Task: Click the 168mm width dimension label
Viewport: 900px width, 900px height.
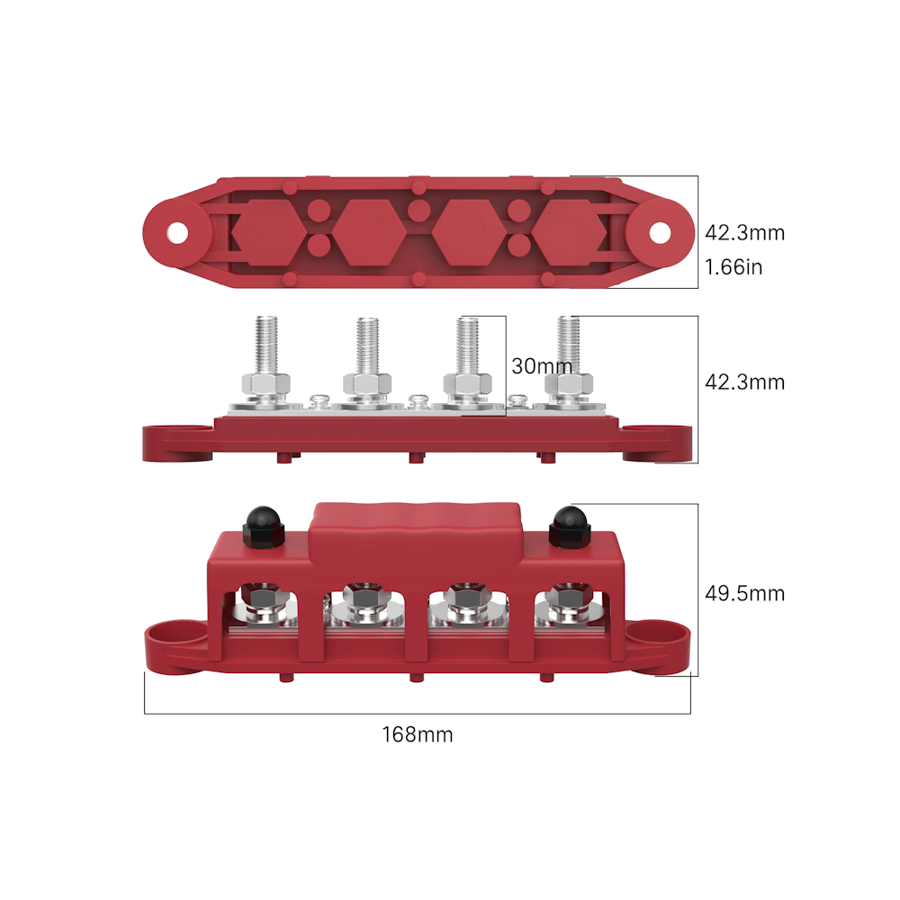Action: [x=418, y=734]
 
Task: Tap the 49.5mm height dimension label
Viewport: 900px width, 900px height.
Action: [x=744, y=593]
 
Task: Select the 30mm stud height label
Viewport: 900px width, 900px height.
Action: [x=542, y=366]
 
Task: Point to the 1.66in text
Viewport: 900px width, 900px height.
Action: [x=733, y=267]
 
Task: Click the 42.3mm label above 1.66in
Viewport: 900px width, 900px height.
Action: [x=744, y=232]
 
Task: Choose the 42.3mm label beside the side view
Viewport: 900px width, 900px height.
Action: [x=744, y=382]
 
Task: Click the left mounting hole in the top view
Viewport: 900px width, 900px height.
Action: [x=177, y=232]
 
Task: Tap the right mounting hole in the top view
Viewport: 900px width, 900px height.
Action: [x=660, y=232]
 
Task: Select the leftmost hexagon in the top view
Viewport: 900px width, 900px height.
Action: [x=268, y=232]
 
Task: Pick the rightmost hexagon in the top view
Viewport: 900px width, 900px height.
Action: [x=570, y=232]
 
